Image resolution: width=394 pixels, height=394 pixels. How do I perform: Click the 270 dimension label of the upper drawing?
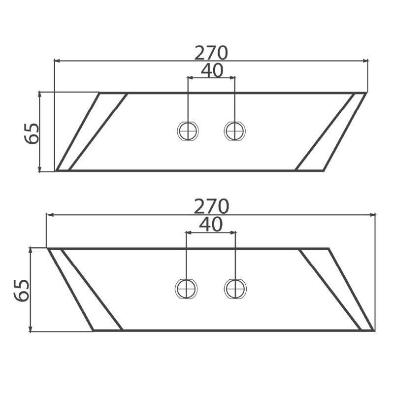click(x=211, y=53)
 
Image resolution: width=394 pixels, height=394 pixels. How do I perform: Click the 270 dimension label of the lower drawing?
click(x=211, y=206)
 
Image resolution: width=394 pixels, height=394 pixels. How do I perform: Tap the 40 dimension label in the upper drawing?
click(x=212, y=70)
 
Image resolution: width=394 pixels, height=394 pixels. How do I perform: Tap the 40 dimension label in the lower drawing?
click(x=211, y=225)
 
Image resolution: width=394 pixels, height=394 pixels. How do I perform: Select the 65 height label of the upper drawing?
click(x=32, y=133)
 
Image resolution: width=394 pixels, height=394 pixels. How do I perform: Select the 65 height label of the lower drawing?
click(x=22, y=290)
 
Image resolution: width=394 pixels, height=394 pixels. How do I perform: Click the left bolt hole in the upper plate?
click(x=188, y=131)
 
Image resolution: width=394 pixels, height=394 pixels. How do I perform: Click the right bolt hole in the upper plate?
click(x=234, y=131)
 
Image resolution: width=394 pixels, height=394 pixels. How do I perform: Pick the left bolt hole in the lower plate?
click(x=186, y=289)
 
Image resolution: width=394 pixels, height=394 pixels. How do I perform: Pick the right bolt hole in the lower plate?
click(x=235, y=289)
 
